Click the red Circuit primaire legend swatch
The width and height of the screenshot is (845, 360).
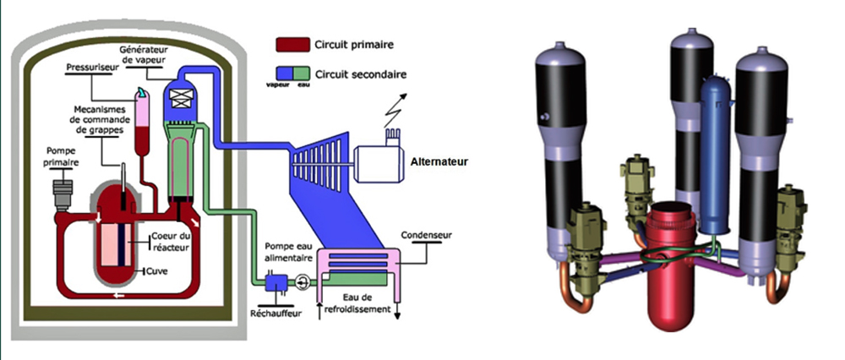(292, 44)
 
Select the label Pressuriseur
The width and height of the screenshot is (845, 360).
(90, 68)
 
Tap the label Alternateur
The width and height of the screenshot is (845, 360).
(439, 161)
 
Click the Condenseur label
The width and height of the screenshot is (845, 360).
(426, 235)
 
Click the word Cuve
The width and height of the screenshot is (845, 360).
(157, 271)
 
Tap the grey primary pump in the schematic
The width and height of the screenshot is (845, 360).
(63, 195)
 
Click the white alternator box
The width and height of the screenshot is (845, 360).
(379, 161)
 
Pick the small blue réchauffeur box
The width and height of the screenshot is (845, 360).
(277, 282)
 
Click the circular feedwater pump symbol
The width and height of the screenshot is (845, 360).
(302, 281)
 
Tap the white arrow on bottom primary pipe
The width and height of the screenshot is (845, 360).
(119, 295)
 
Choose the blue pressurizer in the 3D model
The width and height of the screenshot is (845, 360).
(717, 155)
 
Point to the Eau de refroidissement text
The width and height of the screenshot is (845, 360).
(368, 303)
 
